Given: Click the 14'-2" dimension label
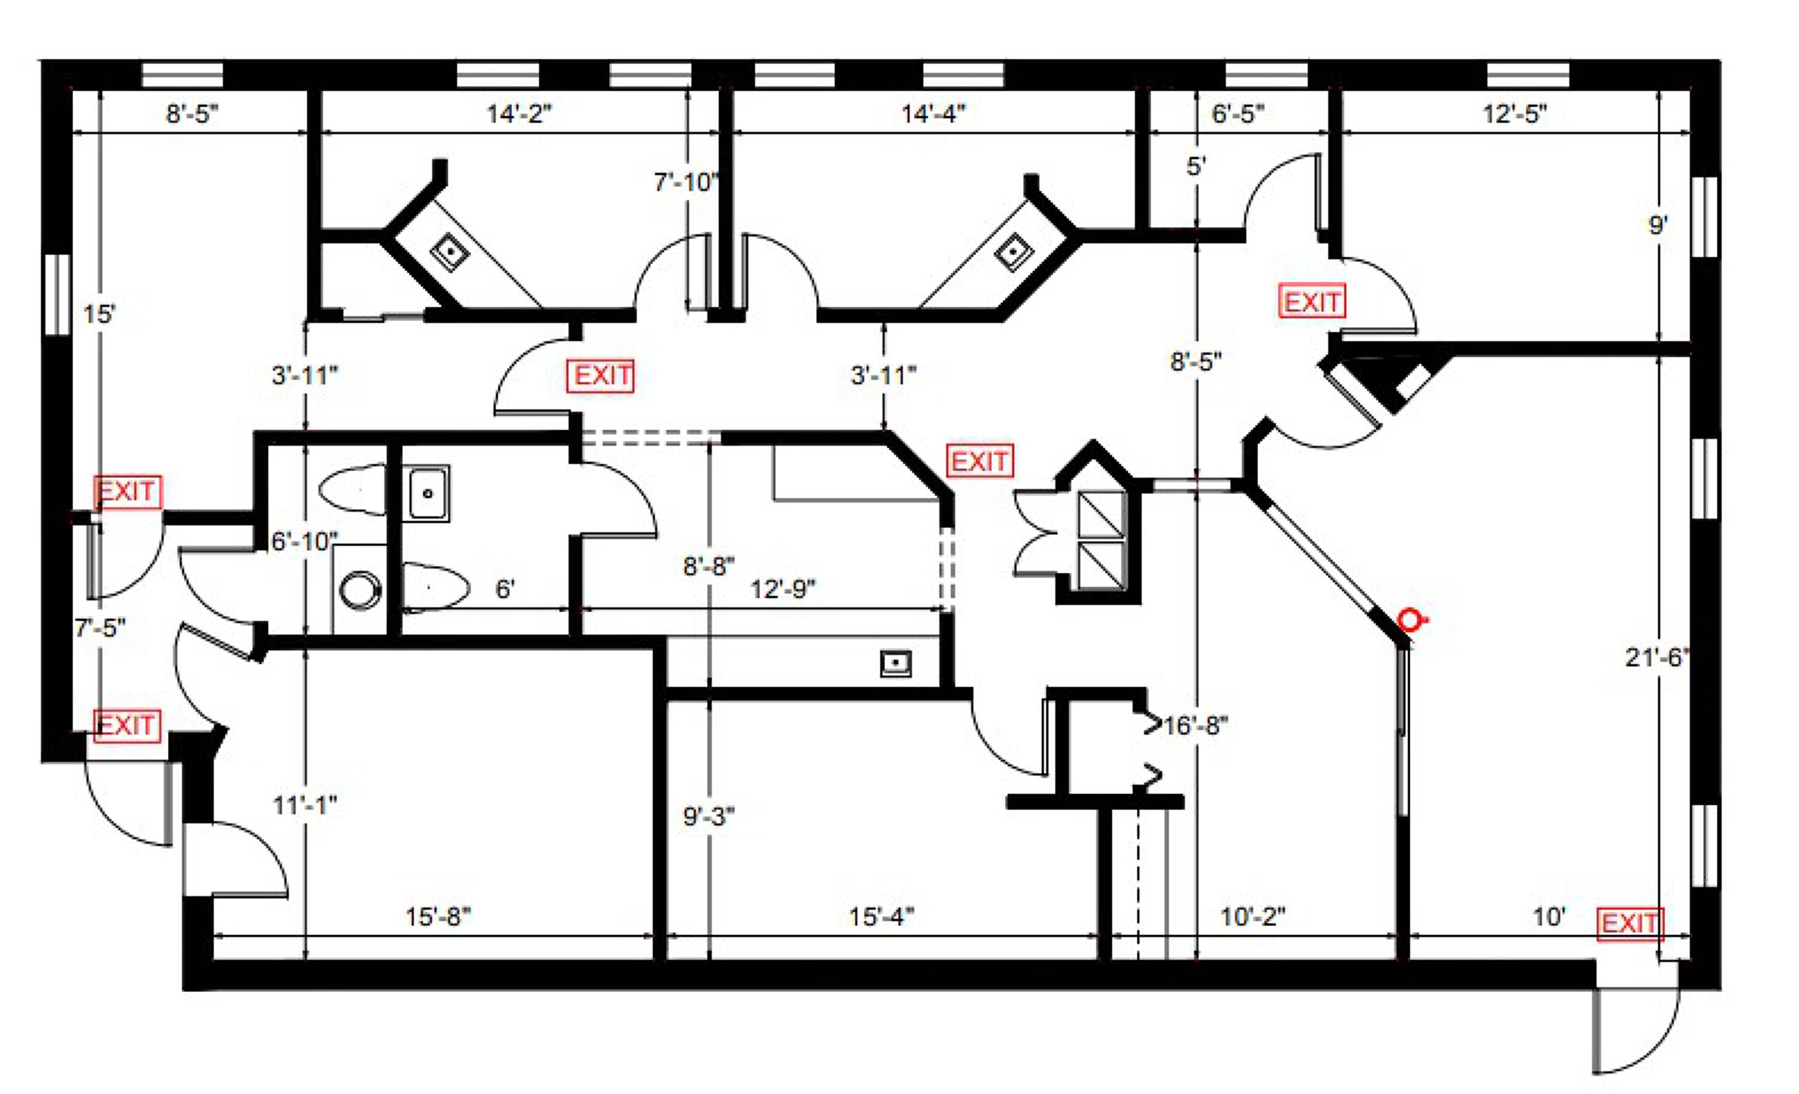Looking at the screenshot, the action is (519, 114).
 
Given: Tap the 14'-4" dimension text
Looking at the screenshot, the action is (933, 114).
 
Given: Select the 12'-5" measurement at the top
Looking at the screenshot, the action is (1515, 114).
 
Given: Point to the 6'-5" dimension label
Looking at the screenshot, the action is (1238, 114).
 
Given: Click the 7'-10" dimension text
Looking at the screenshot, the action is (686, 182).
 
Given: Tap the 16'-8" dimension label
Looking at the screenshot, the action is (1196, 726).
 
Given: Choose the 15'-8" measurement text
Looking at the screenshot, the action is (438, 916).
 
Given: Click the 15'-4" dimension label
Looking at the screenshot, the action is (882, 916).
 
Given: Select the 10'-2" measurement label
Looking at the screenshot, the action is (1253, 916).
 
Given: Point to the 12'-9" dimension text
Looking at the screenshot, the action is (783, 588).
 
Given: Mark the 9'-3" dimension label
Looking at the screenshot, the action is (708, 816).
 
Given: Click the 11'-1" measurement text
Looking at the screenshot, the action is (305, 806).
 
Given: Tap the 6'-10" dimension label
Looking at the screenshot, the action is (305, 542).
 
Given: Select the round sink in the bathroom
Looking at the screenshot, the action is (360, 590).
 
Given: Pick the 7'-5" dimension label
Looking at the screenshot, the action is (100, 627).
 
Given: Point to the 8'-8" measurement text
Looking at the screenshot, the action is (708, 566).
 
